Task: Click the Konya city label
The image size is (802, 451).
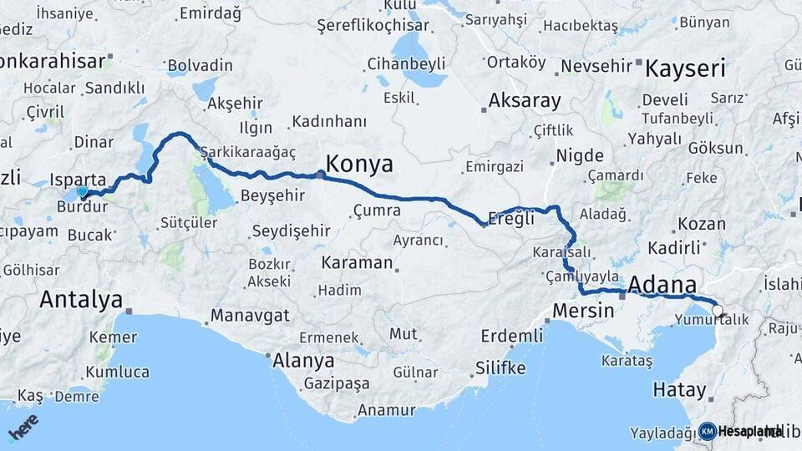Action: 359,165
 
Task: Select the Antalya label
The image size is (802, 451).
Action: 81,299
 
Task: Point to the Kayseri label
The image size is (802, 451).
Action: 685,68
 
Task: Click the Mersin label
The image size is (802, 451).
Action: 583,311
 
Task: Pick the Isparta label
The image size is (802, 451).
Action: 78,179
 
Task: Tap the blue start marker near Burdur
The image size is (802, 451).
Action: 82,192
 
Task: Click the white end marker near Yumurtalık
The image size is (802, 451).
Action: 718,312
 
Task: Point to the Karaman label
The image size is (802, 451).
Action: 357,262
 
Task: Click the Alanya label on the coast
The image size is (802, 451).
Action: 303,361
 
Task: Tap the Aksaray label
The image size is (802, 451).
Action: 525,101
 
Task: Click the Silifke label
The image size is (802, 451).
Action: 500,367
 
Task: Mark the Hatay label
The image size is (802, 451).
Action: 680,389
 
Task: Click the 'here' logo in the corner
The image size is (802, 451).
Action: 23,428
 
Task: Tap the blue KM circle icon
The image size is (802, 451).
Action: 707,431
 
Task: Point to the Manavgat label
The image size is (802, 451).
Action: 250,316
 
